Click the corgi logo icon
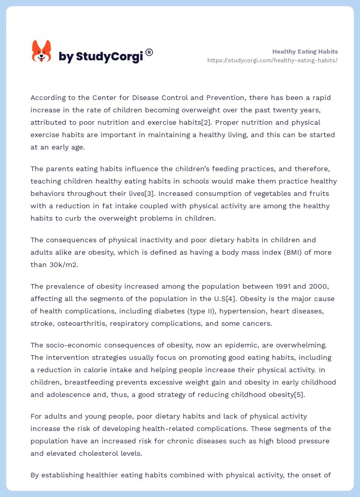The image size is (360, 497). (41, 52)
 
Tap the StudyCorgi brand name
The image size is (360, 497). (101, 57)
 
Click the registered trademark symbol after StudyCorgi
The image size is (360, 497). (149, 52)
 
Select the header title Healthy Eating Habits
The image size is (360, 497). (305, 52)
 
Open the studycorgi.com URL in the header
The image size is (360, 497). (272, 60)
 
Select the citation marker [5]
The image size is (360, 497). (297, 394)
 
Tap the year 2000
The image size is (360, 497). (316, 286)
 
